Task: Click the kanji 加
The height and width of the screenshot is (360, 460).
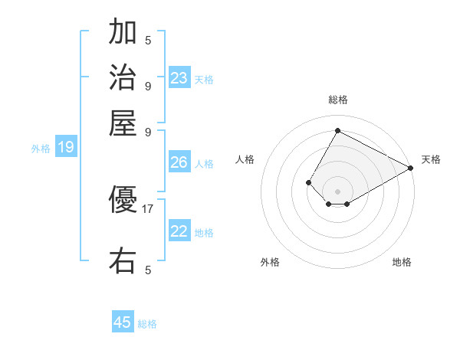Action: pos(123,33)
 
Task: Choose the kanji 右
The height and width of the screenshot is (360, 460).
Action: pos(123,260)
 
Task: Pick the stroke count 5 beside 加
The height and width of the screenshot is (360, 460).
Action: pos(148,40)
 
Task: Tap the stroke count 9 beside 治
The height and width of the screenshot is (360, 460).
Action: pos(148,85)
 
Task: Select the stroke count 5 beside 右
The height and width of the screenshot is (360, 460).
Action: pos(148,270)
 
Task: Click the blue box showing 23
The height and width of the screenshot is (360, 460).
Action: pos(179,78)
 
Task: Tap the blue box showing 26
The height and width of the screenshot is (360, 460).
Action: pos(179,162)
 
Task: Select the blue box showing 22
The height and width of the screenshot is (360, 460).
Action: pos(179,231)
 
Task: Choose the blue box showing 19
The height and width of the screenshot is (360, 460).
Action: pos(65,148)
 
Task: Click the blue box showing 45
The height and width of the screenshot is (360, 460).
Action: pos(123,322)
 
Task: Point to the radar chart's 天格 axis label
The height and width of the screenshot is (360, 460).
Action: pos(431,159)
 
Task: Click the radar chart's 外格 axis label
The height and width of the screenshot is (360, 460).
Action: pos(270,263)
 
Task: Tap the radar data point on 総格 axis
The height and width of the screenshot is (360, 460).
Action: pos(337,131)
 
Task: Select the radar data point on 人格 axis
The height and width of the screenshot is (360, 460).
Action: pos(308,182)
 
